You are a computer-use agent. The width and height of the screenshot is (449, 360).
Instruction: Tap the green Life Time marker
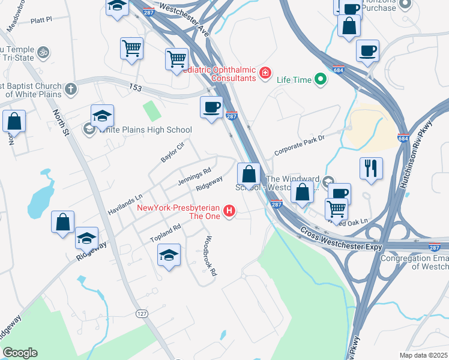click(321, 78)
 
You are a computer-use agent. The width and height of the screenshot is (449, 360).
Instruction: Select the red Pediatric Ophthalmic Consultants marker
click(265, 74)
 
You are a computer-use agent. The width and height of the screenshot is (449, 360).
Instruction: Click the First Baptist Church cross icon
click(71, 89)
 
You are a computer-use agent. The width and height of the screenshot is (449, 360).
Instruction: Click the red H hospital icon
click(229, 211)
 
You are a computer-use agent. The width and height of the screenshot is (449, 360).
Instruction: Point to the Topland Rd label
click(165, 233)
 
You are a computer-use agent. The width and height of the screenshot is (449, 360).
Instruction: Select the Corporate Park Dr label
click(299, 145)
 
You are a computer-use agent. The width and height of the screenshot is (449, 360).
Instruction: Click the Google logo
click(20, 353)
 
